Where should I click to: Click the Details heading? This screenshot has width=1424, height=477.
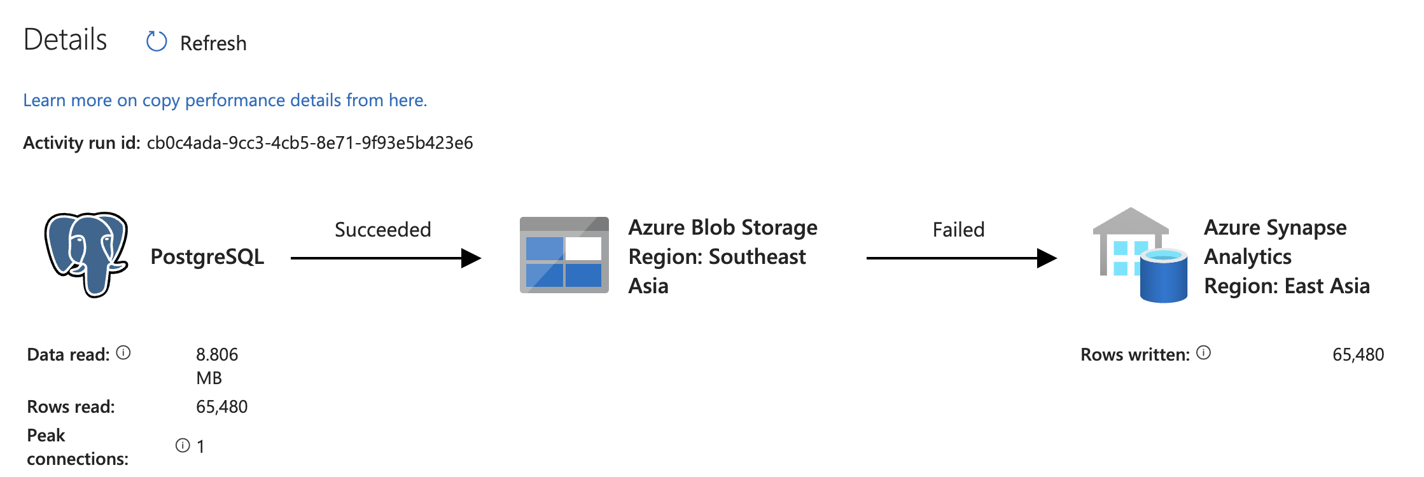pos(65,39)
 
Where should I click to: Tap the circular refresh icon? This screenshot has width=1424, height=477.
pos(157,42)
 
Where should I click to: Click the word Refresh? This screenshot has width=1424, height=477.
pos(213,43)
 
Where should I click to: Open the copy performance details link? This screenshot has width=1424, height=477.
pos(225,100)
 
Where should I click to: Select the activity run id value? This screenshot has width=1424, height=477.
pos(310,143)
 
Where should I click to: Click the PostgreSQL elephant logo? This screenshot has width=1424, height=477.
pos(87,254)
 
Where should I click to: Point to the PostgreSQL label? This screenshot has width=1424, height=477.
pos(207,257)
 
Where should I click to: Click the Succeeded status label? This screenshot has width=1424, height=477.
pos(382,230)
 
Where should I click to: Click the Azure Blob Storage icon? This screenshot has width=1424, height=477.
pos(564,255)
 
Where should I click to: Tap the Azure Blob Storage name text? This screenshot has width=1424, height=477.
pos(723,228)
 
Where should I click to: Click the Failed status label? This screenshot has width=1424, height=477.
pos(958,230)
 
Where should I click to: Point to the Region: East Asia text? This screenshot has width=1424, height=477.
pos(1287,286)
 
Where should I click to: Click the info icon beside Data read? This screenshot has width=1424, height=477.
pos(124,353)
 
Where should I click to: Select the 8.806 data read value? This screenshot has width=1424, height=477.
pos(217,355)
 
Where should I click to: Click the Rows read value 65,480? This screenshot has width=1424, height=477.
pos(221,407)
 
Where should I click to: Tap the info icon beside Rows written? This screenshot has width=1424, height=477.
pos(1203,353)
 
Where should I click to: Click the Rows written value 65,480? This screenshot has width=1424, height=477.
pos(1358,355)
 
